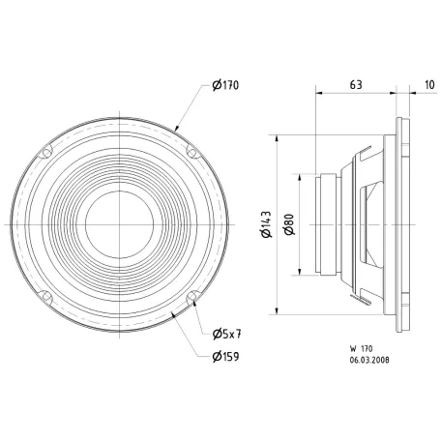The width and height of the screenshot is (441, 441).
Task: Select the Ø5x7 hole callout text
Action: point(225,334)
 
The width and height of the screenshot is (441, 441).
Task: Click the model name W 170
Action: point(363,346)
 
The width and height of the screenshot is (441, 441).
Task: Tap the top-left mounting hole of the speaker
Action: point(44,152)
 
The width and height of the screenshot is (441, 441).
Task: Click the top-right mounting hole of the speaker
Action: point(191,151)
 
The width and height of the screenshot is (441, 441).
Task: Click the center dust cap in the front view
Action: point(117,224)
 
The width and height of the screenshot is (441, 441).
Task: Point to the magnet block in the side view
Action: point(326,223)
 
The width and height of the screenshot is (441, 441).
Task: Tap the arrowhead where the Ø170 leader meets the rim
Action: point(177,129)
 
